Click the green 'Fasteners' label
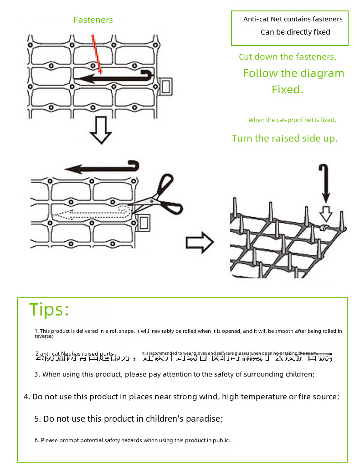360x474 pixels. [x=93, y=20]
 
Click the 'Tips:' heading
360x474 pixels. [x=49, y=310]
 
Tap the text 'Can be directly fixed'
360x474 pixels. [x=295, y=32]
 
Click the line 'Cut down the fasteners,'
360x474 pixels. [x=288, y=57]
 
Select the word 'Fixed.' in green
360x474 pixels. [x=287, y=90]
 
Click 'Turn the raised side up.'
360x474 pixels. [x=284, y=138]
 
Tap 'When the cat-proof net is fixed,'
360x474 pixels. [x=292, y=120]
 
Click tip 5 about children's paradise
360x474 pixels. [x=129, y=419]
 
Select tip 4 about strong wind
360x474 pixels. [x=181, y=397]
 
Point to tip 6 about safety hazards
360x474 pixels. [x=132, y=440]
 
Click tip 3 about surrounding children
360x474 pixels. [x=174, y=374]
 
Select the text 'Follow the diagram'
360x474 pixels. [x=293, y=73]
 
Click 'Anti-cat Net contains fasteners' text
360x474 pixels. [x=293, y=19]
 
